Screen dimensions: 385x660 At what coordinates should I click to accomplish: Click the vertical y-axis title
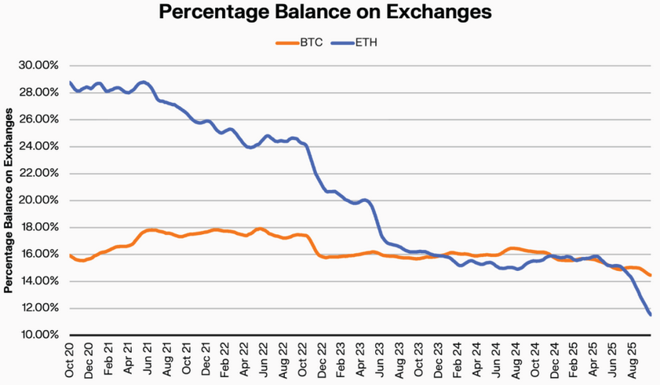(x=9, y=200)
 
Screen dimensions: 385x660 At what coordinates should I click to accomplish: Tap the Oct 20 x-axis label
(x=71, y=358)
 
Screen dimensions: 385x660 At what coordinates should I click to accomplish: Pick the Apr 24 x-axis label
(x=473, y=358)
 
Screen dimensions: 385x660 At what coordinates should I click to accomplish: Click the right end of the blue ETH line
(x=651, y=314)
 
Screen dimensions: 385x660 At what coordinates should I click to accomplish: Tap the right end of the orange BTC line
(x=651, y=275)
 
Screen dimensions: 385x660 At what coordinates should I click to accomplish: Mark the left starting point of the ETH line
(x=70, y=82)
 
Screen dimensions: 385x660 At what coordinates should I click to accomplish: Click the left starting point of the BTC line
(x=70, y=255)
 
